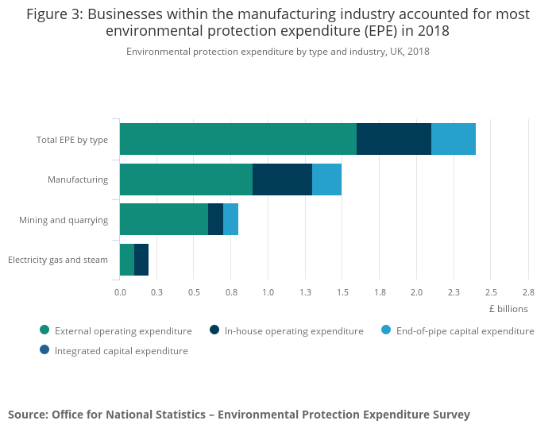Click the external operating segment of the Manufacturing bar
tap(186, 179)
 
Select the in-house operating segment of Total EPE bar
tap(394, 139)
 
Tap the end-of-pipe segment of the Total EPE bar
tap(454, 139)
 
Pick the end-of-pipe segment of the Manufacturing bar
tap(327, 179)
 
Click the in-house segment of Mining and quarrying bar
tap(215, 219)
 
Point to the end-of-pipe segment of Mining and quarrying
tap(231, 219)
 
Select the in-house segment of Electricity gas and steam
tap(141, 260)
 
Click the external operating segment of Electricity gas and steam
tap(127, 260)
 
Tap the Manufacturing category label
tap(78, 179)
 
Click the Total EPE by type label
tap(72, 140)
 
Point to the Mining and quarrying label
tap(64, 220)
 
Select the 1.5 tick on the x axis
tap(342, 292)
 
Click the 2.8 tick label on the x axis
tap(528, 292)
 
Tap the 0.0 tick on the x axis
tap(120, 292)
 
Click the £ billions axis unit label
tap(508, 309)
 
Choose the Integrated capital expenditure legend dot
tap(44, 350)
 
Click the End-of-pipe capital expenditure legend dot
tap(386, 330)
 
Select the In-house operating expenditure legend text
tap(294, 331)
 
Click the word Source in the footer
tap(29, 415)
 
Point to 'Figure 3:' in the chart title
tap(55, 14)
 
